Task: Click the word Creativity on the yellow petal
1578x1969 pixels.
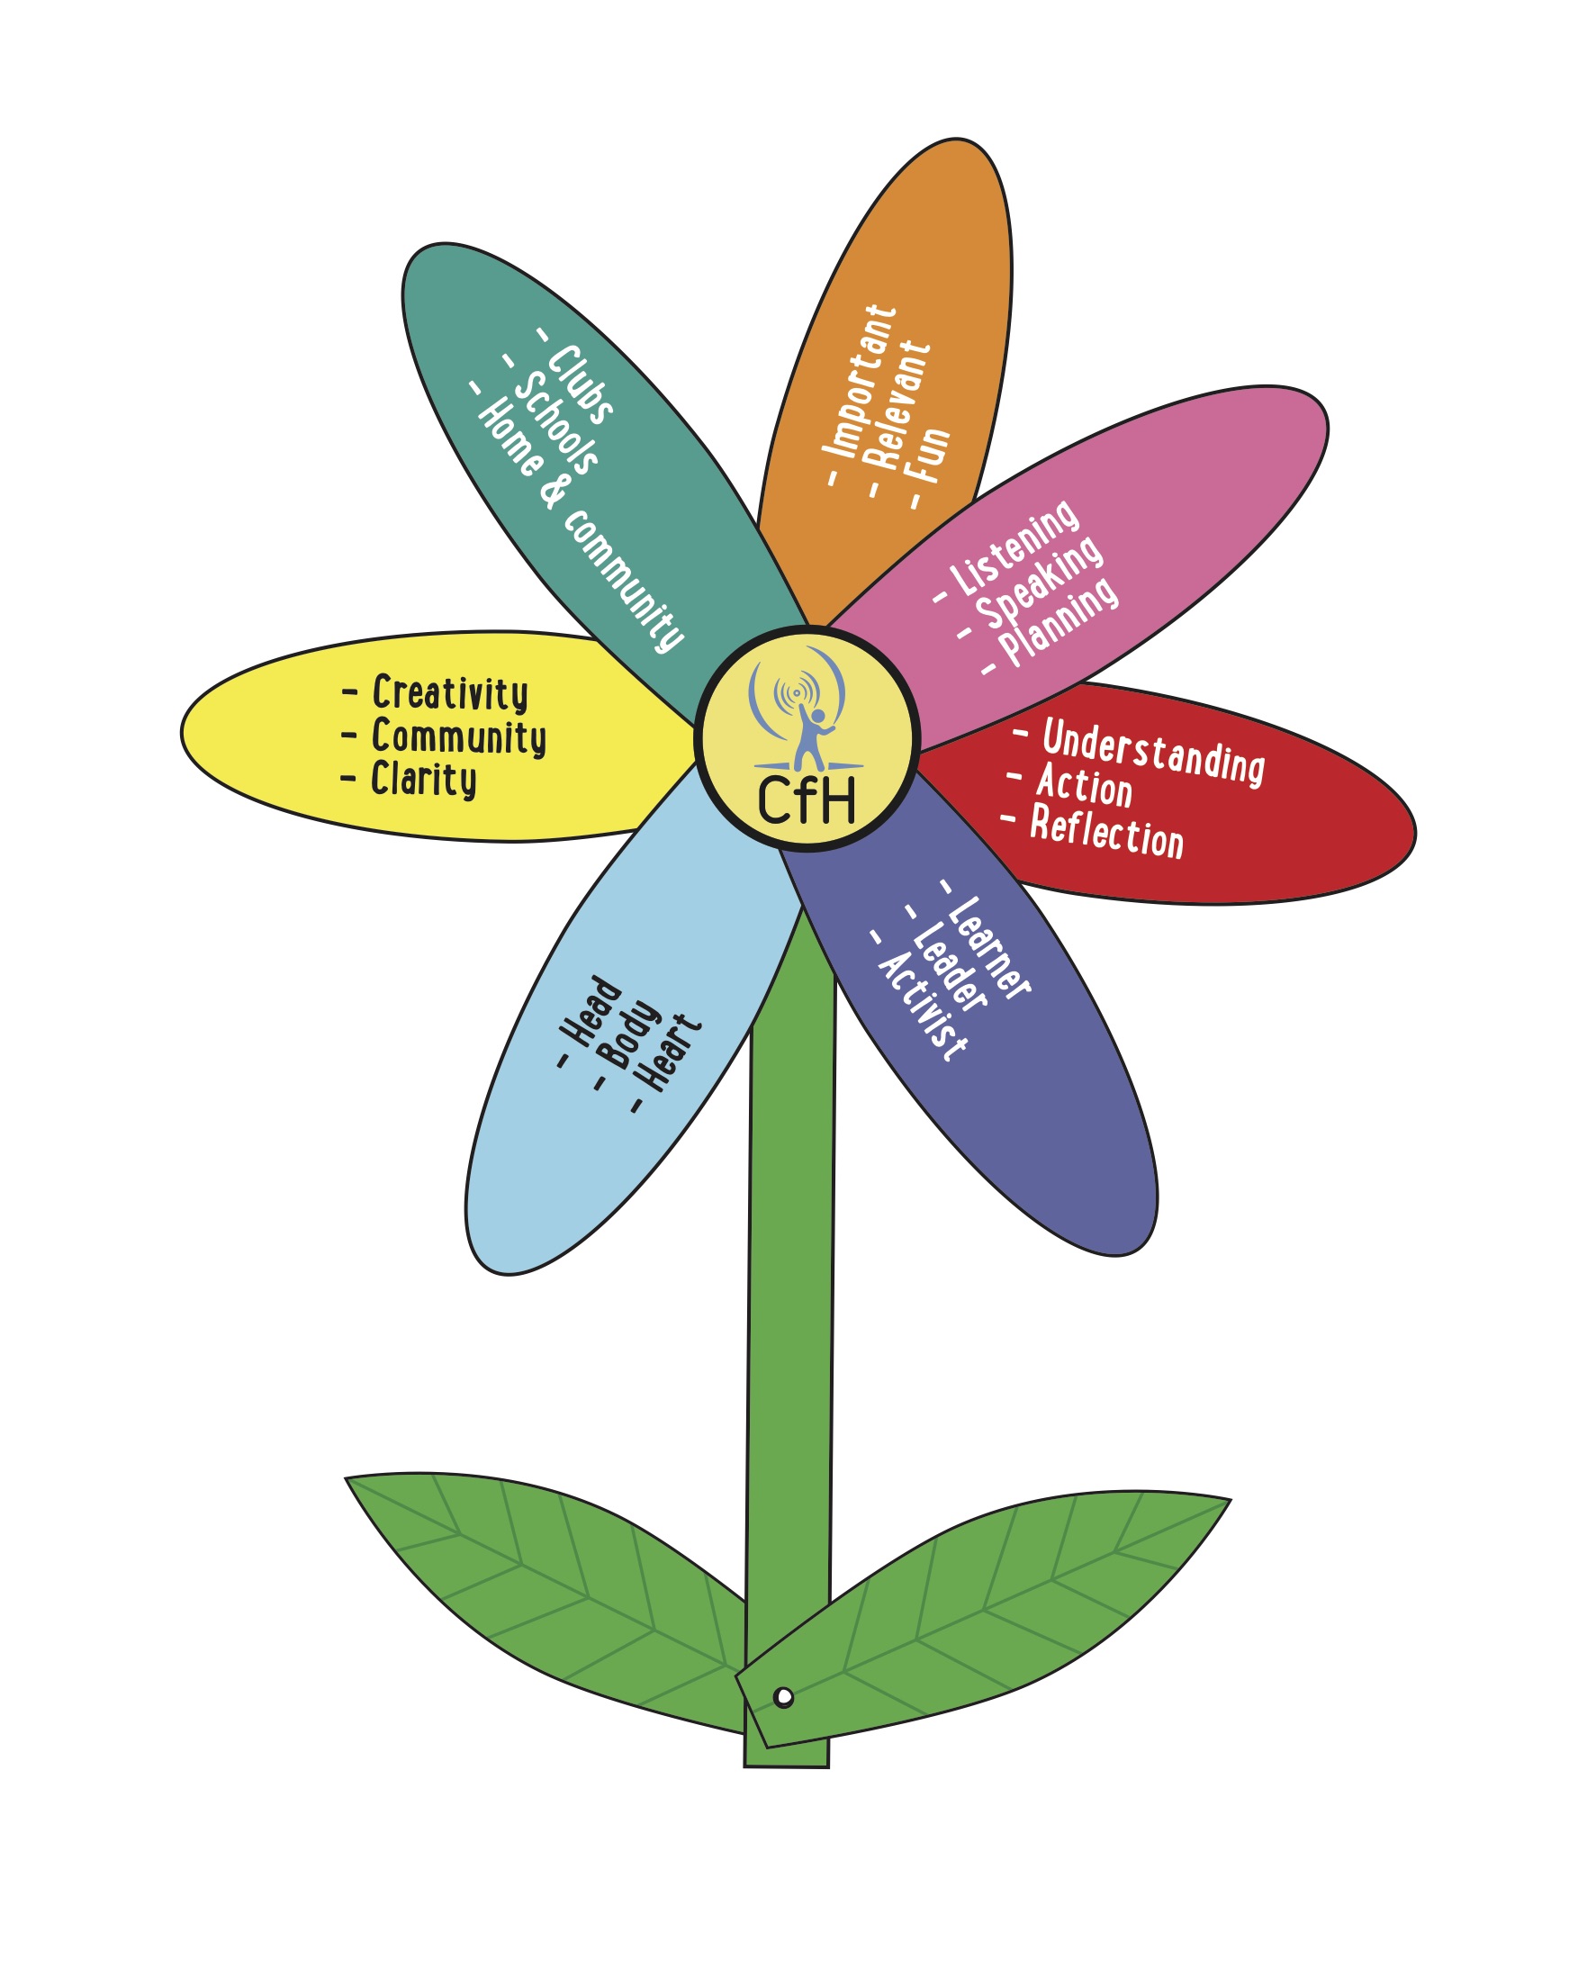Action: [x=450, y=694]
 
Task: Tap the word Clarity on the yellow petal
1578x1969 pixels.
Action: [x=424, y=781]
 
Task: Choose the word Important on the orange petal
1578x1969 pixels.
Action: [x=861, y=382]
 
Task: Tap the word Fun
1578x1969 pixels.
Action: [x=930, y=456]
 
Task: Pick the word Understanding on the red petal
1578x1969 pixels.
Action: [x=1153, y=752]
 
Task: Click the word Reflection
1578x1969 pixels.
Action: [x=1107, y=832]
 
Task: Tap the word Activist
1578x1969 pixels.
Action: [x=923, y=1007]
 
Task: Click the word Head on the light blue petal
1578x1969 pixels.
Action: [x=591, y=1011]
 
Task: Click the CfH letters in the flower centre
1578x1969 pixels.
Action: [x=807, y=802]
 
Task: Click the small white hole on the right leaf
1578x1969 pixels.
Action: [x=782, y=1698]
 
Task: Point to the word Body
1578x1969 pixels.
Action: [x=629, y=1034]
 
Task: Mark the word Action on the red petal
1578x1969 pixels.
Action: [x=1084, y=786]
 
